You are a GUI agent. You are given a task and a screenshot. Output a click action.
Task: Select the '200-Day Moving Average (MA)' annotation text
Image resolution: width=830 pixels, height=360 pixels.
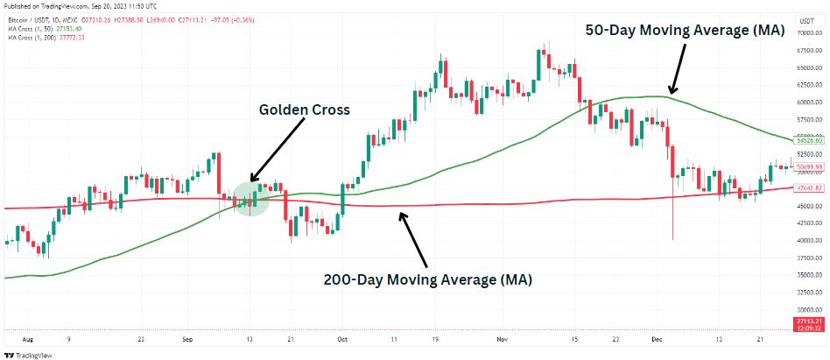point(427,280)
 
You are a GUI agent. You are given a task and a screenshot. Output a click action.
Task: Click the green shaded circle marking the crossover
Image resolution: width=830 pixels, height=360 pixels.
point(249,198)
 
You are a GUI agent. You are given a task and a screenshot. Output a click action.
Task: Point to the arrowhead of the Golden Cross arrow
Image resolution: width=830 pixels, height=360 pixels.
point(250,182)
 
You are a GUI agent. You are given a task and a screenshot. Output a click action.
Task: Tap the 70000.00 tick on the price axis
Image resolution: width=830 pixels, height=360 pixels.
point(807,33)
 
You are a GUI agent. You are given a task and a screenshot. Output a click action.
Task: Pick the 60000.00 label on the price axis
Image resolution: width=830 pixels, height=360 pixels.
point(807,102)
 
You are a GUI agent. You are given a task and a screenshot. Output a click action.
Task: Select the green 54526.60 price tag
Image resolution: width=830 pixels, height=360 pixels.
point(807,140)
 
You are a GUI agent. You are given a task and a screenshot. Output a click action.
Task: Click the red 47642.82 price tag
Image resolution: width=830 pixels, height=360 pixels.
point(807,187)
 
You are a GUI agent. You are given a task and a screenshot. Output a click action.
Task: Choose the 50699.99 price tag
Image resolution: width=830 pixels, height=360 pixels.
point(807,166)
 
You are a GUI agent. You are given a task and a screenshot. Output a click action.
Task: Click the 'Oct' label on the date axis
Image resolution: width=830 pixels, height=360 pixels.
point(342,338)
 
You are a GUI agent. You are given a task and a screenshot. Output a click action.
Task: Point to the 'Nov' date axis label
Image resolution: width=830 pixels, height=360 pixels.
point(502,338)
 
